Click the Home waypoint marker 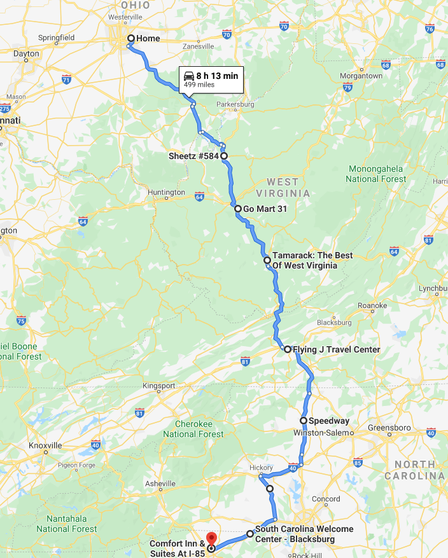[130, 39]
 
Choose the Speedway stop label [329, 421]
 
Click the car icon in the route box [188, 76]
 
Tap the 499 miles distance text [199, 85]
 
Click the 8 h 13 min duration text [217, 76]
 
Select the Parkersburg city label [235, 104]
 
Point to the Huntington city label [165, 192]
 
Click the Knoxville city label [45, 445]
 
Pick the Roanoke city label [372, 306]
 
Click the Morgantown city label [361, 76]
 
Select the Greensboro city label [389, 428]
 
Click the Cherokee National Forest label [193, 428]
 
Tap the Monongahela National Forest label [375, 174]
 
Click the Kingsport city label [158, 386]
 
